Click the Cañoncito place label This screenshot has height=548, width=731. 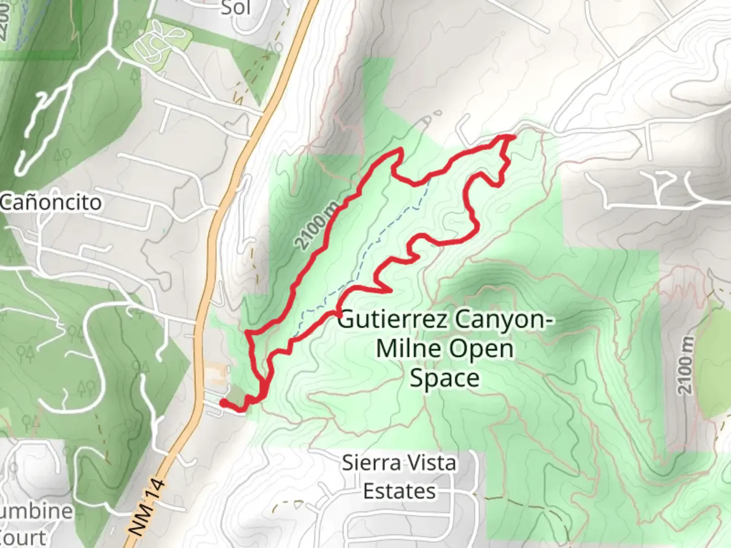[x=51, y=202]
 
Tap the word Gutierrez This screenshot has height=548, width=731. [x=392, y=320]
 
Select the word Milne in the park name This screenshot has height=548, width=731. [x=408, y=349]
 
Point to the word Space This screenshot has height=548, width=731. [x=444, y=378]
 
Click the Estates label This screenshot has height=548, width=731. [x=400, y=491]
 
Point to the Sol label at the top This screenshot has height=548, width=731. [x=236, y=7]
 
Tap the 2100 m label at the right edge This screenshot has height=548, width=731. [x=686, y=365]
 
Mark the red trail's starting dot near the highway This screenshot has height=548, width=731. [x=223, y=403]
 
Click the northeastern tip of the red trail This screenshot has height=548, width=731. [x=513, y=136]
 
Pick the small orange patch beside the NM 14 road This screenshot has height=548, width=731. [x=217, y=375]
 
